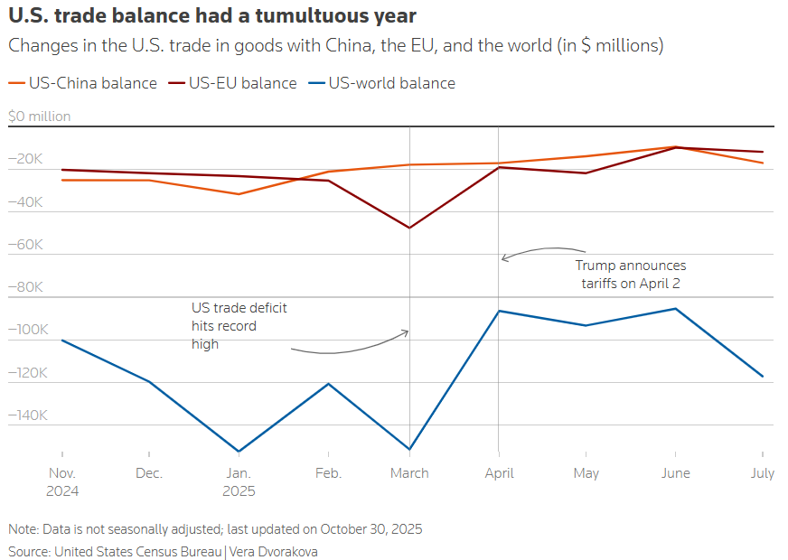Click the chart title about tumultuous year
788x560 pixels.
212,16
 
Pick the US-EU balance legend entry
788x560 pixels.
242,83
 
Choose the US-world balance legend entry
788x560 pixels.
391,83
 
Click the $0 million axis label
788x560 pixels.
39,117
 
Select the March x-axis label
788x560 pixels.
410,473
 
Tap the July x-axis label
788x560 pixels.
762,473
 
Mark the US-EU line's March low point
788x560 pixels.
410,228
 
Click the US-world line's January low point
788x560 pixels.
238,452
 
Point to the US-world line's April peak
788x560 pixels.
499,311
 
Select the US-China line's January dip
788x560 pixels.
238,194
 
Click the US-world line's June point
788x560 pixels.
675,309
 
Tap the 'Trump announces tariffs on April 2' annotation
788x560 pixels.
630,275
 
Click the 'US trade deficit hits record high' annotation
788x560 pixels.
239,325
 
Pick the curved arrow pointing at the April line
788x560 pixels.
542,251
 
